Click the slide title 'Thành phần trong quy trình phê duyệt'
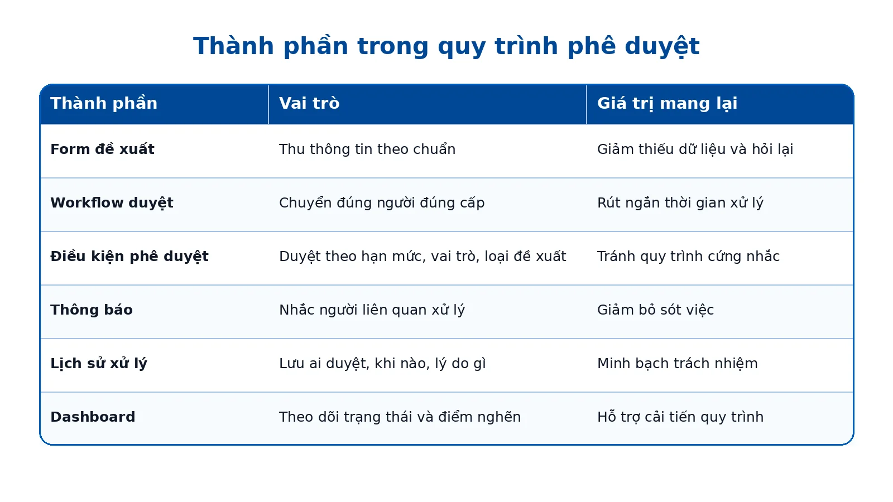[x=446, y=46]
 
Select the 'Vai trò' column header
[x=309, y=103]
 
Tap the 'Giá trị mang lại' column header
[x=667, y=104]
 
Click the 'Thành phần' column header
[x=104, y=104]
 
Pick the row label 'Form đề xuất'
[x=102, y=149]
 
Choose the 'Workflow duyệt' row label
[x=112, y=203]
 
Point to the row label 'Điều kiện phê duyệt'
[x=129, y=256]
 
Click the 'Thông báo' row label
[x=92, y=310]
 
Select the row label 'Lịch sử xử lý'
[x=98, y=363]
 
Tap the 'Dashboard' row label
[x=93, y=417]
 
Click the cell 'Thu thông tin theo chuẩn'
[x=367, y=149]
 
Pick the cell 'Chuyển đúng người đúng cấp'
[x=382, y=203]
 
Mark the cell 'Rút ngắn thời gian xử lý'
[x=680, y=203]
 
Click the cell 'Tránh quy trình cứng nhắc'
[x=688, y=256]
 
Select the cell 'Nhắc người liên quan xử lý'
[x=372, y=310]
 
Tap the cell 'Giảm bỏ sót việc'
[x=655, y=310]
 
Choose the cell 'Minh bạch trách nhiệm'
[x=677, y=363]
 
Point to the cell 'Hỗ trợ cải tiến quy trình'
[x=680, y=417]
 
